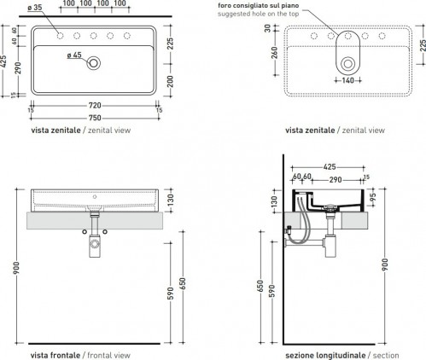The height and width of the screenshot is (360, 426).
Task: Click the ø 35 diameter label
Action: point(35,8)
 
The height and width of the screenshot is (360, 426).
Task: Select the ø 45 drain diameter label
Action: point(74,55)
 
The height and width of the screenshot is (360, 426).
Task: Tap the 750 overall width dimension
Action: point(95,118)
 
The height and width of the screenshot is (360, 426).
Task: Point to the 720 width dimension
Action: point(95,106)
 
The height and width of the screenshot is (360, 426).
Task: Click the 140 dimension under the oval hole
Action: point(347,80)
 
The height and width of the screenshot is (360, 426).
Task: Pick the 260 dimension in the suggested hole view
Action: point(275,53)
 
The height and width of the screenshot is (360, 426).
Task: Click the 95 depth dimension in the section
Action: point(374,197)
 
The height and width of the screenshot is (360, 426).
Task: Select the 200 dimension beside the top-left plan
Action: point(170,82)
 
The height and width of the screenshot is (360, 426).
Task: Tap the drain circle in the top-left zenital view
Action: point(94,63)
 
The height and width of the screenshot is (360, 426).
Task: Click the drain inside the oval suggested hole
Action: point(347,63)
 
